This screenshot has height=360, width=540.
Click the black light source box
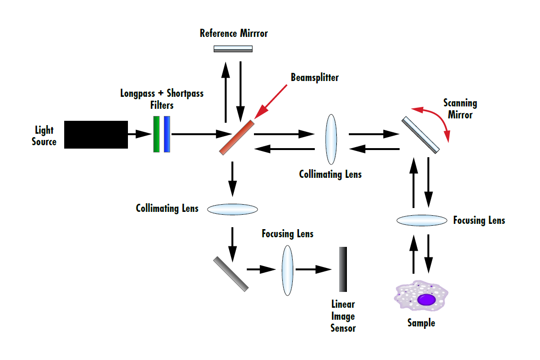[96, 135]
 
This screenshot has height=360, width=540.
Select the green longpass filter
[156, 134]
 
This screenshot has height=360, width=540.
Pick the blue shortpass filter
[167, 134]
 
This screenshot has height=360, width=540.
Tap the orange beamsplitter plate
[236, 137]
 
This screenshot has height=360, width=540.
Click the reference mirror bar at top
[233, 48]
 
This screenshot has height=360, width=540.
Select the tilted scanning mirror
[420, 135]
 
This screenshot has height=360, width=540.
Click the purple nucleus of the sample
[426, 300]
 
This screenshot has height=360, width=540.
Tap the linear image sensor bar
[343, 269]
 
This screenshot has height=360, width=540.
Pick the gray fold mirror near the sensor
[231, 274]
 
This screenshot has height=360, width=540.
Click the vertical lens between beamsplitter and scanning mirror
[331, 139]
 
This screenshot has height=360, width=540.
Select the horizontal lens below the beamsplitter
[233, 209]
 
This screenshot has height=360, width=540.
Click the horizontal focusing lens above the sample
[421, 220]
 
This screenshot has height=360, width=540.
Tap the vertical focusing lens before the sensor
[287, 270]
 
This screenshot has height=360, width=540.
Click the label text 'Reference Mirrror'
[233, 34]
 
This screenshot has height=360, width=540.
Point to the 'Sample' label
[421, 323]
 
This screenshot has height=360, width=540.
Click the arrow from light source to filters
[139, 135]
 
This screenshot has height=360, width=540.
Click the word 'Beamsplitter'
[314, 77]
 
